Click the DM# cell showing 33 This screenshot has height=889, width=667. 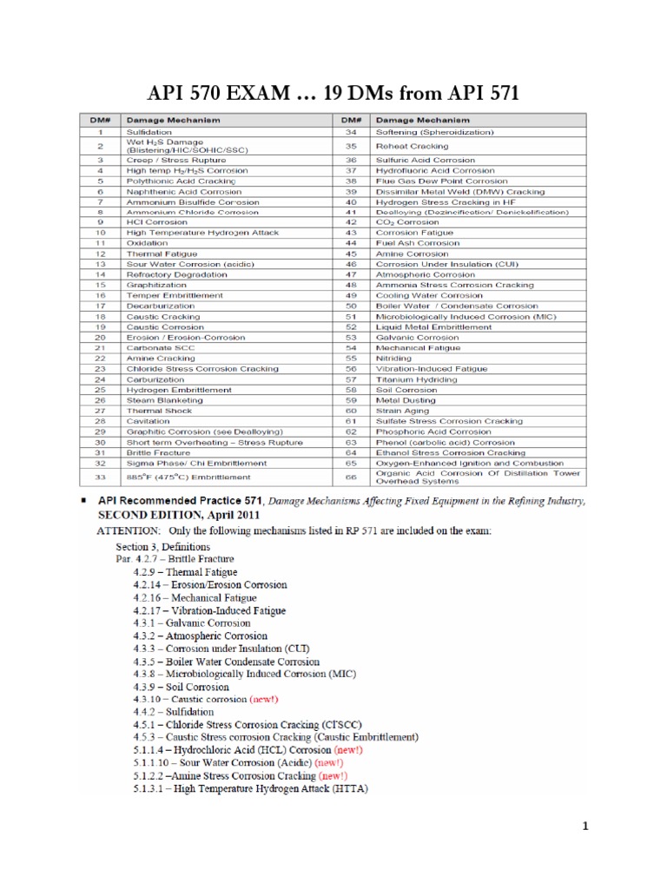[x=101, y=477]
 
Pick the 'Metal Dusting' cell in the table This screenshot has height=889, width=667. [x=405, y=400]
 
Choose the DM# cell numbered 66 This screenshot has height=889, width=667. [x=352, y=477]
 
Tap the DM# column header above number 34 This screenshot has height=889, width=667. [x=352, y=119]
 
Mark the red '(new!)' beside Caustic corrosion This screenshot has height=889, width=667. [x=264, y=698]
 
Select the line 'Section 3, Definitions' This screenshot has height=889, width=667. [x=162, y=548]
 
